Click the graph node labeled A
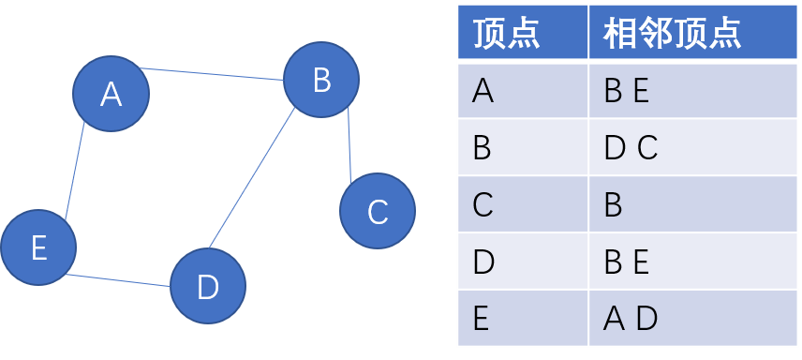(111, 93)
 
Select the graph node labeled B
(321, 80)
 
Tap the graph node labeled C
(377, 212)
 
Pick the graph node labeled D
(208, 286)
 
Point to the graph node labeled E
(38, 247)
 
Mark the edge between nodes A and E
(75, 171)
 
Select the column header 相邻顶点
(672, 34)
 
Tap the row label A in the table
(483, 91)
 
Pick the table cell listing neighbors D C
(631, 148)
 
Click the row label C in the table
(483, 205)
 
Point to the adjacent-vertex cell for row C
(614, 205)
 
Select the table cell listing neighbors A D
(631, 319)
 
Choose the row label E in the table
(482, 319)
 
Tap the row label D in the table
(483, 262)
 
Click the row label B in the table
(483, 148)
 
